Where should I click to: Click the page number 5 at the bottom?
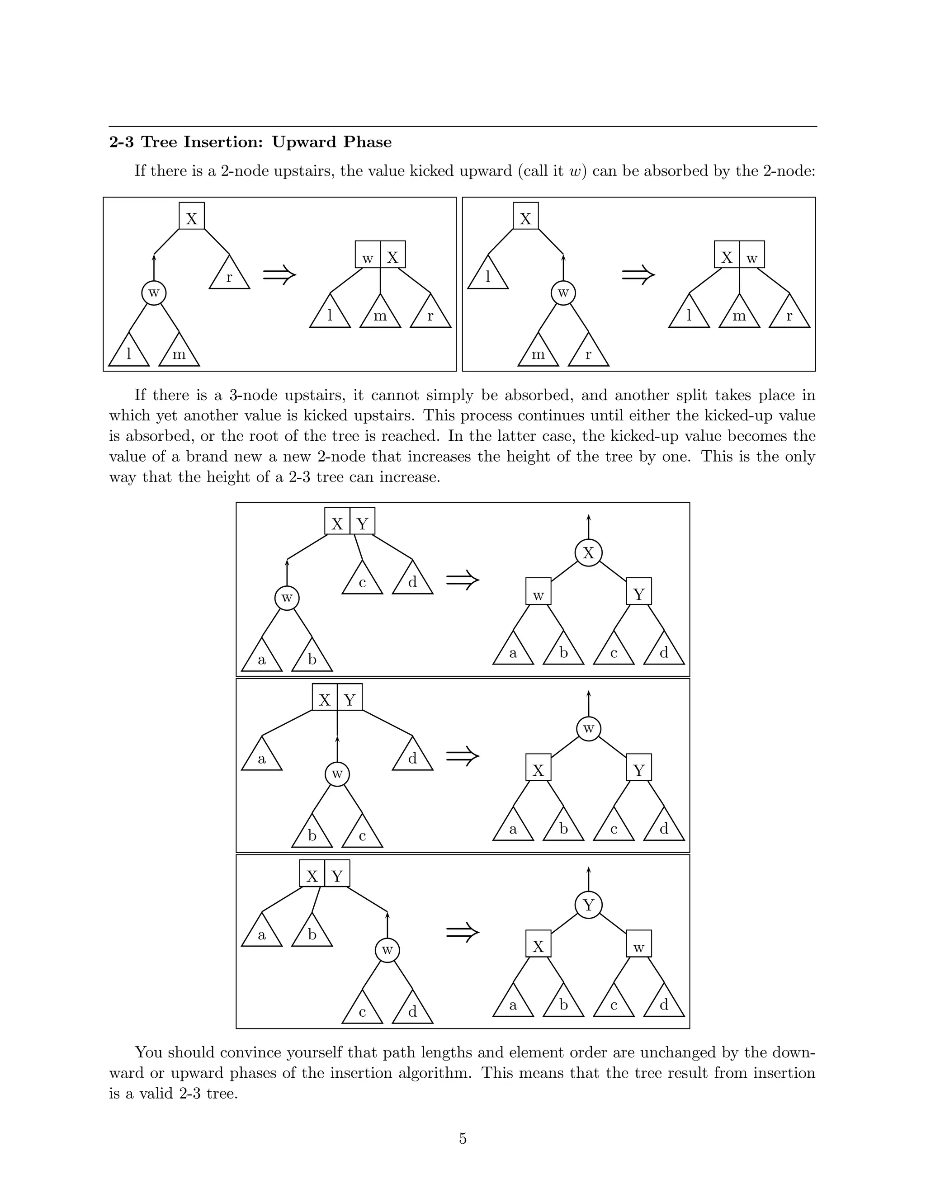pyautogui.click(x=463, y=1139)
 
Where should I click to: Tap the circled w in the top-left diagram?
pyautogui.click(x=154, y=293)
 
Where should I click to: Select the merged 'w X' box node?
pyautogui.click(x=380, y=255)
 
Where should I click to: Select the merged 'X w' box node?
pyautogui.click(x=739, y=255)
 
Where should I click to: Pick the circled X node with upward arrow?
pyautogui.click(x=588, y=553)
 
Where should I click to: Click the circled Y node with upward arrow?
pyautogui.click(x=588, y=905)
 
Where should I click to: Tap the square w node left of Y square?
pyautogui.click(x=538, y=591)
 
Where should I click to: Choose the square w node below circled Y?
pyautogui.click(x=638, y=943)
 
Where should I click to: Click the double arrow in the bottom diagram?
pyautogui.click(x=463, y=932)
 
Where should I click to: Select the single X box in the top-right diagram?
pyautogui.click(x=525, y=216)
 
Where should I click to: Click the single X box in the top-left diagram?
pyautogui.click(x=191, y=216)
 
